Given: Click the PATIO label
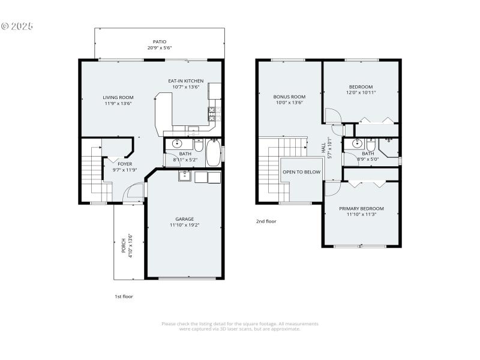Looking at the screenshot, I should [x=159, y=42].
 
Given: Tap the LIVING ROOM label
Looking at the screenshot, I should [x=118, y=97].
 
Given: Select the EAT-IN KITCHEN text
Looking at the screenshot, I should [x=185, y=80].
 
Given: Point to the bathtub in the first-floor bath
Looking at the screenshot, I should [x=214, y=153].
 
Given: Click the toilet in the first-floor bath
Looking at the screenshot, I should [x=198, y=145].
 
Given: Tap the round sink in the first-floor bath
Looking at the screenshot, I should [x=178, y=144].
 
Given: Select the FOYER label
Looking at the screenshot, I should [x=124, y=163].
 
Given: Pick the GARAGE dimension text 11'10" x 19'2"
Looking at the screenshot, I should [x=185, y=225].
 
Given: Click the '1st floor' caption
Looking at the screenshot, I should [x=124, y=296].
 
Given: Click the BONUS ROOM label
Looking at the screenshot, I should [x=289, y=97].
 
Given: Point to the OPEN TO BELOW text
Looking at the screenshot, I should [x=302, y=172].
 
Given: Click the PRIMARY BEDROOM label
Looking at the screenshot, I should [x=361, y=209].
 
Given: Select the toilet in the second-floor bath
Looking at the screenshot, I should [x=371, y=145].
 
